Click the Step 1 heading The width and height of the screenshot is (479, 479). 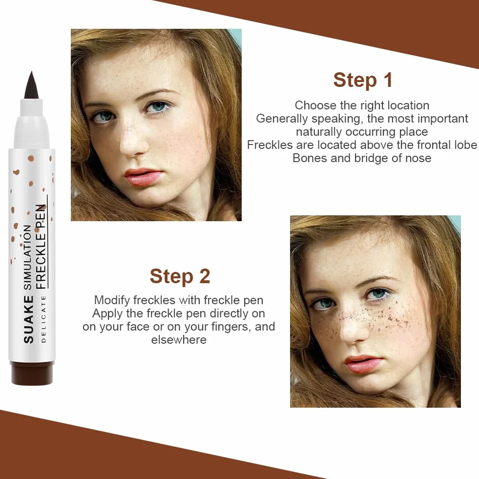click(x=363, y=81)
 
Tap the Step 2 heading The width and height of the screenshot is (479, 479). click(x=180, y=276)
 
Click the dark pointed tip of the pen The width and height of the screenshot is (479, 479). click(x=32, y=85)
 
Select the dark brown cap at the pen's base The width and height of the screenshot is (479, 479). click(x=32, y=373)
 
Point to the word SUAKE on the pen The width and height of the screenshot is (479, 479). click(x=28, y=319)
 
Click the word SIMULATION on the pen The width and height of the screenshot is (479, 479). click(x=27, y=257)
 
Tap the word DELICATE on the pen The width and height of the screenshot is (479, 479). click(x=43, y=319)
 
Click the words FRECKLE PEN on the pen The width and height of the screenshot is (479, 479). click(x=41, y=247)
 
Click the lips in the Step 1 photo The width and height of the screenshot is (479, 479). click(x=144, y=177)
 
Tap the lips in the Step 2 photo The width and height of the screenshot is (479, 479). click(x=363, y=364)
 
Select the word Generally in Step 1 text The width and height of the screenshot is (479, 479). click(x=282, y=119)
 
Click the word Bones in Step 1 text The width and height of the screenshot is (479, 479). click(x=307, y=158)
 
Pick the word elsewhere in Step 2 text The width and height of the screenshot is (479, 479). click(x=179, y=340)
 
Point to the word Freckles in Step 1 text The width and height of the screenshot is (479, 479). click(x=270, y=145)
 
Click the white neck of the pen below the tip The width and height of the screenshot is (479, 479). click(x=32, y=122)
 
